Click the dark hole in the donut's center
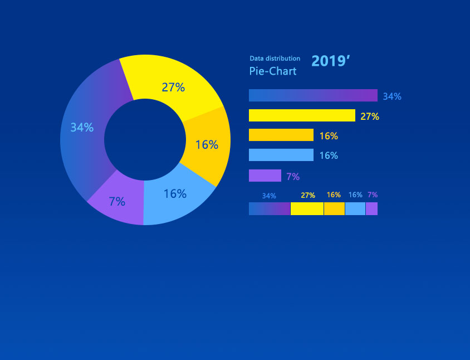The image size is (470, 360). (x=145, y=139)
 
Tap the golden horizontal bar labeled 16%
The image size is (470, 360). (x=281, y=135)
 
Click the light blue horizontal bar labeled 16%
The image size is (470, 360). (x=281, y=155)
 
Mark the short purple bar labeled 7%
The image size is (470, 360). (x=265, y=176)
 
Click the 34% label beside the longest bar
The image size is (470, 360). (x=392, y=96)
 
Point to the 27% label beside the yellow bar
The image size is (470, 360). (x=370, y=116)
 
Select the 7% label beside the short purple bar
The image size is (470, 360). (x=293, y=177)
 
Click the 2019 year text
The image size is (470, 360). (x=330, y=61)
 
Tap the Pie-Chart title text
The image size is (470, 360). (x=273, y=71)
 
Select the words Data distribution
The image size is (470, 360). (x=275, y=59)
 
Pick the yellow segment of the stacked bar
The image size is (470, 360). (x=307, y=208)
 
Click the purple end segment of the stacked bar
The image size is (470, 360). (x=371, y=208)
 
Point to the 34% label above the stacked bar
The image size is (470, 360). (x=269, y=196)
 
